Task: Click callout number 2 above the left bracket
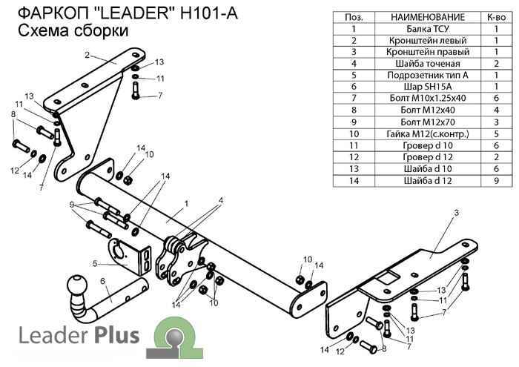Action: point(87,55)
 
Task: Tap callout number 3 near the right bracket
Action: point(457,213)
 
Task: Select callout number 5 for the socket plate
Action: point(96,262)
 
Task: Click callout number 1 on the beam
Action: point(187,202)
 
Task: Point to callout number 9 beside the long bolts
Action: point(72,205)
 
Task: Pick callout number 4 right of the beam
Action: point(220,200)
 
